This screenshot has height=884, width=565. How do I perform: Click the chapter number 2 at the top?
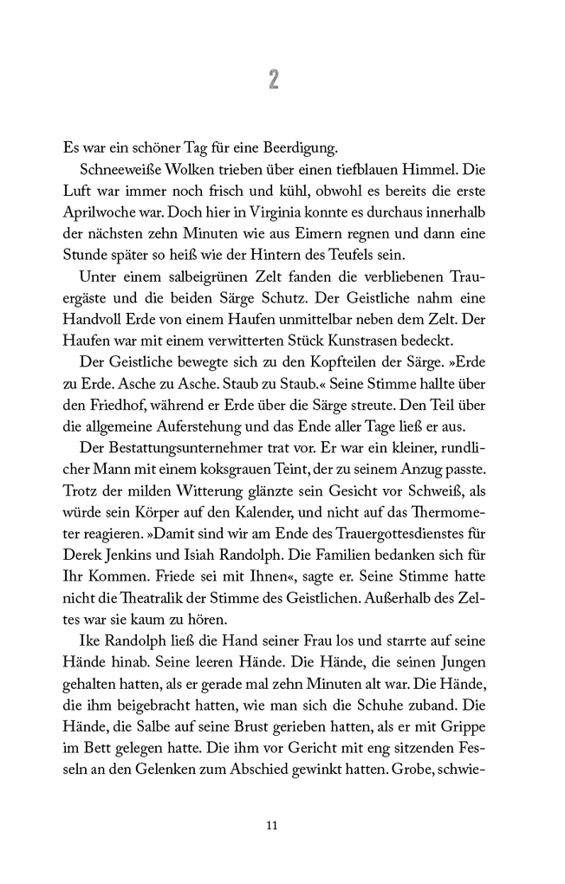pos(274,80)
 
